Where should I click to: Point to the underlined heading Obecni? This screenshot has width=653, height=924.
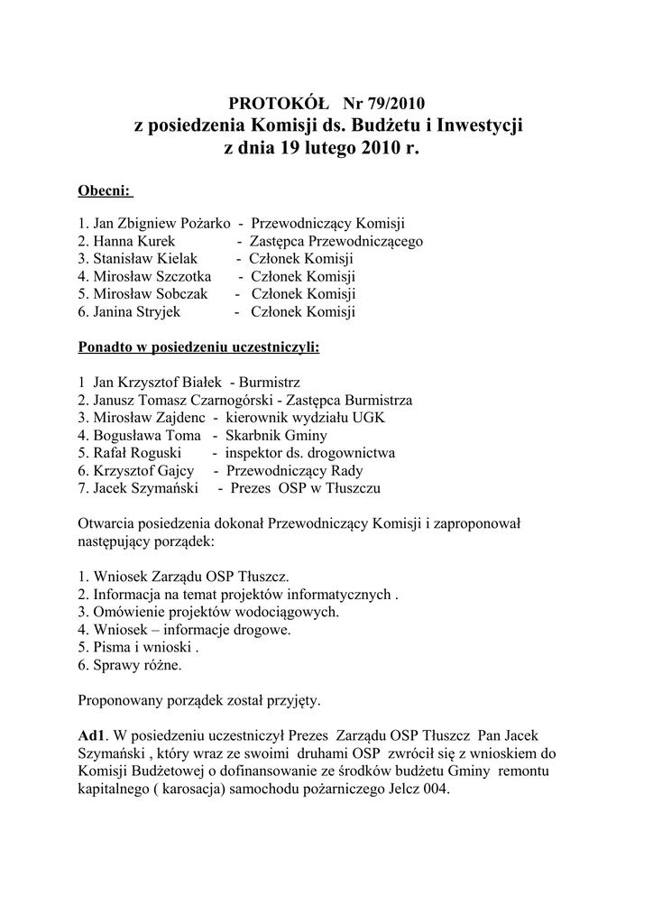[x=105, y=191]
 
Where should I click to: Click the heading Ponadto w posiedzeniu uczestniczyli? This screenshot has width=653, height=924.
[x=198, y=346]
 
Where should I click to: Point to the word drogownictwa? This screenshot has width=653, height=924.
[x=351, y=453]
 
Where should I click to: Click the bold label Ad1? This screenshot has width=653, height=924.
[x=93, y=735]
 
